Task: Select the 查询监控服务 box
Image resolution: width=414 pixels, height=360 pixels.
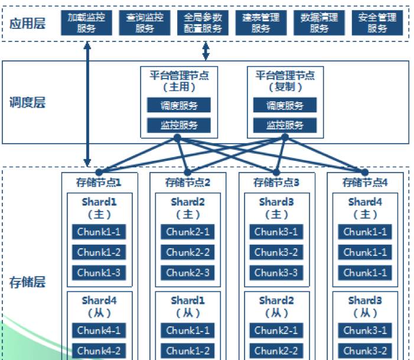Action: click(145, 22)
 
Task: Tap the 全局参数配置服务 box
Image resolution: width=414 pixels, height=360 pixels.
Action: click(204, 22)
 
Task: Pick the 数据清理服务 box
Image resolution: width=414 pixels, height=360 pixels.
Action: click(319, 22)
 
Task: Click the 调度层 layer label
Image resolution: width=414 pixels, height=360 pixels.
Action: click(28, 103)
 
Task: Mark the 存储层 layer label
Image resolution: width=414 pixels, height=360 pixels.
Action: click(28, 281)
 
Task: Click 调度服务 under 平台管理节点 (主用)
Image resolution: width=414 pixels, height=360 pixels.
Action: click(179, 105)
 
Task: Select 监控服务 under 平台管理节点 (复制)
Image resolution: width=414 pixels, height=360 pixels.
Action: click(285, 125)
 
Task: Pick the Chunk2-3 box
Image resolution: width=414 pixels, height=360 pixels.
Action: click(188, 273)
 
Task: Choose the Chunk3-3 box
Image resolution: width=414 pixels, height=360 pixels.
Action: click(276, 273)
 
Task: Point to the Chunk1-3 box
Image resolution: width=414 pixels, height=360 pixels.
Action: click(99, 273)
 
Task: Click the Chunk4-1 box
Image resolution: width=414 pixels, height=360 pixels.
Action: click(99, 330)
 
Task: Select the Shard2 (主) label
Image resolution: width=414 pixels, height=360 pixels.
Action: click(188, 208)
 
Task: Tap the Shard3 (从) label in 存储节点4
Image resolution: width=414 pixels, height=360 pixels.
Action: click(365, 306)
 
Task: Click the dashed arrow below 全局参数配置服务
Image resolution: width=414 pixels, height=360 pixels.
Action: click(206, 51)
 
